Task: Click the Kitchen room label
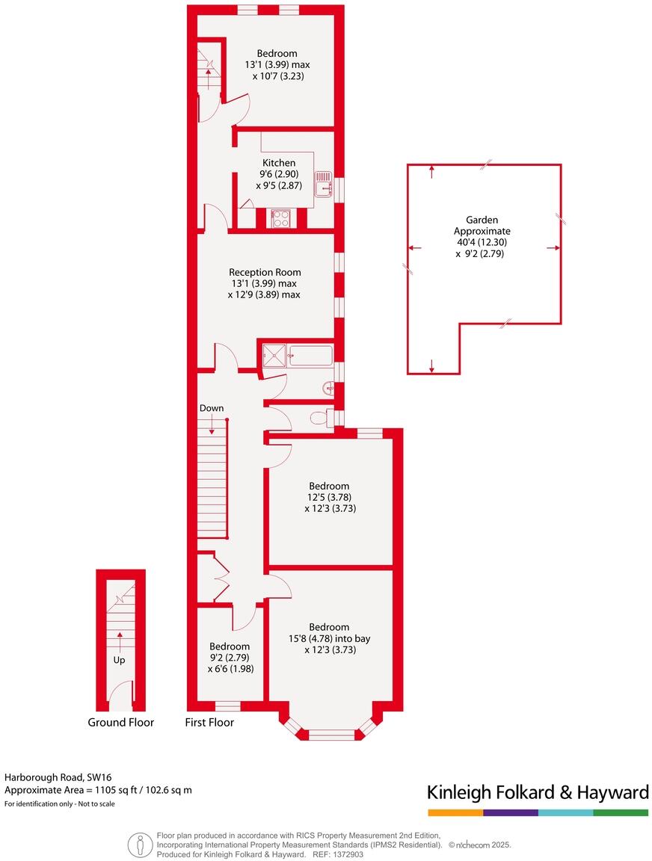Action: coord(278,163)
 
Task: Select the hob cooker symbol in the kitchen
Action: coord(281,217)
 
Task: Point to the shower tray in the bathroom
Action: coord(273,356)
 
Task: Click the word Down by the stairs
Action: coord(212,408)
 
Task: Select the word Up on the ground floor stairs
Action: coord(119,660)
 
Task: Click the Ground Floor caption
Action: coord(120,722)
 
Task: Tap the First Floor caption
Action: coord(209,722)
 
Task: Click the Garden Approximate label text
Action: coord(482,226)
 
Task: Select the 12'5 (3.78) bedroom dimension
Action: coord(330,497)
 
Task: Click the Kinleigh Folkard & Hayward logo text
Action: coord(537,792)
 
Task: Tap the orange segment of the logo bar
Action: coord(455,812)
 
